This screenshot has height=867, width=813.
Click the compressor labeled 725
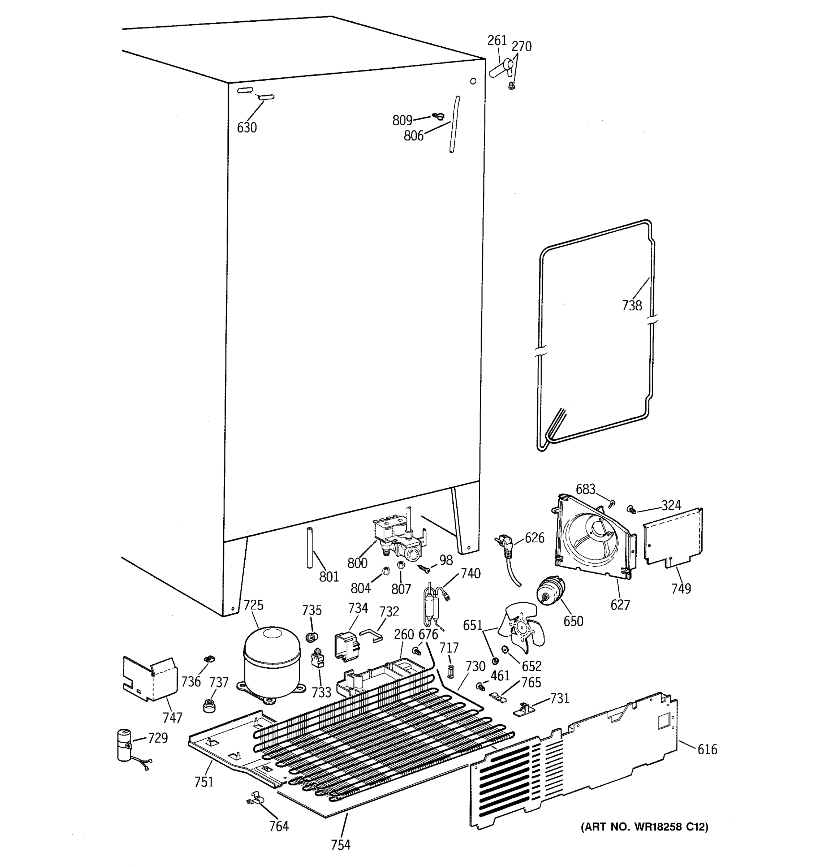tap(272, 663)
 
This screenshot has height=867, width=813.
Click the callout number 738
tap(632, 306)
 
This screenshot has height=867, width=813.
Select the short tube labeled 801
tap(310, 548)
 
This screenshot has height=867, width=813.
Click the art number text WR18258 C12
tap(644, 826)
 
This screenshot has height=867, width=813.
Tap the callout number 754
tap(340, 845)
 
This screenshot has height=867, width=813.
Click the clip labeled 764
tap(256, 799)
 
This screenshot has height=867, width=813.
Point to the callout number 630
tap(246, 128)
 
